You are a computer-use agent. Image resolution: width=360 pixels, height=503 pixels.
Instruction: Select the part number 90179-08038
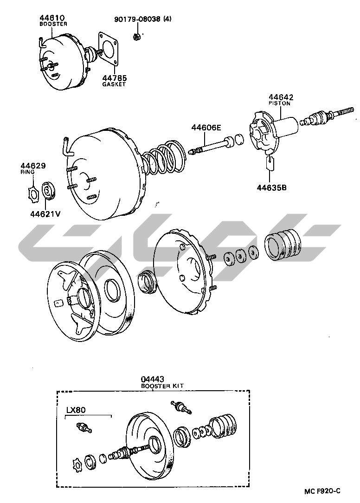pos(138,19)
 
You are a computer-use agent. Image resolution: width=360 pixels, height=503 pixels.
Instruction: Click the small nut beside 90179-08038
pos(136,36)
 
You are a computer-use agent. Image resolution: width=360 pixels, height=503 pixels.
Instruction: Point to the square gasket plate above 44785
pos(110,48)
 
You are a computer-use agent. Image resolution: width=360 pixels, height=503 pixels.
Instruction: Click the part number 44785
pos(115,78)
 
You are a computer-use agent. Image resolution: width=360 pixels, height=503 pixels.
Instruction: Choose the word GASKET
pos(115,84)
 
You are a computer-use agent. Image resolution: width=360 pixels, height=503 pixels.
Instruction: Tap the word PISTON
pos(280,103)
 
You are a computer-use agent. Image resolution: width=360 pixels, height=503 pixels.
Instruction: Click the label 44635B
pos(272,187)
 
